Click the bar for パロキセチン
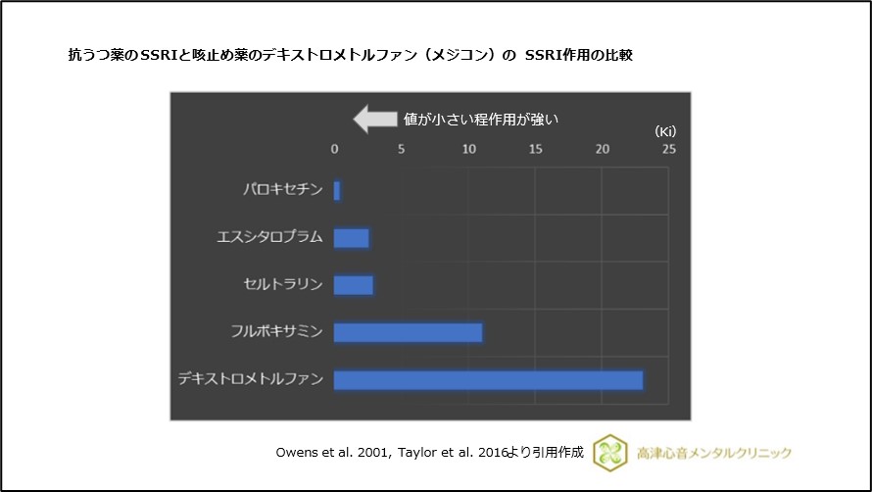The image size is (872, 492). point(337,190)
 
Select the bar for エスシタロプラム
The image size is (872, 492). point(352,238)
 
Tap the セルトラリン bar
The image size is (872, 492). point(354,285)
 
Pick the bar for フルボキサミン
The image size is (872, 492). point(408,332)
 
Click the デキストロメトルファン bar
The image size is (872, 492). point(488,379)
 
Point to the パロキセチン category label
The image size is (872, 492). point(283,190)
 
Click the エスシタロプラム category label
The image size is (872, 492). point(269,238)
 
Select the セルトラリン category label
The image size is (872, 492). point(283,285)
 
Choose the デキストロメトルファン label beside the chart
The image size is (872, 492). point(250,379)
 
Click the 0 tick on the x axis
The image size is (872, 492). point(334,150)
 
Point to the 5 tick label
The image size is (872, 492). point(401,150)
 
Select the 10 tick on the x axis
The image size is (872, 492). point(468,150)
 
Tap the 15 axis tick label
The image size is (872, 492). point(535,150)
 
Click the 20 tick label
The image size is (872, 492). point(602,150)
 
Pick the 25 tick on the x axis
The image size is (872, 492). point(668,150)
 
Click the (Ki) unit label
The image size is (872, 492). point(665,130)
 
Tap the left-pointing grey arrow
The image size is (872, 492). point(372,120)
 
